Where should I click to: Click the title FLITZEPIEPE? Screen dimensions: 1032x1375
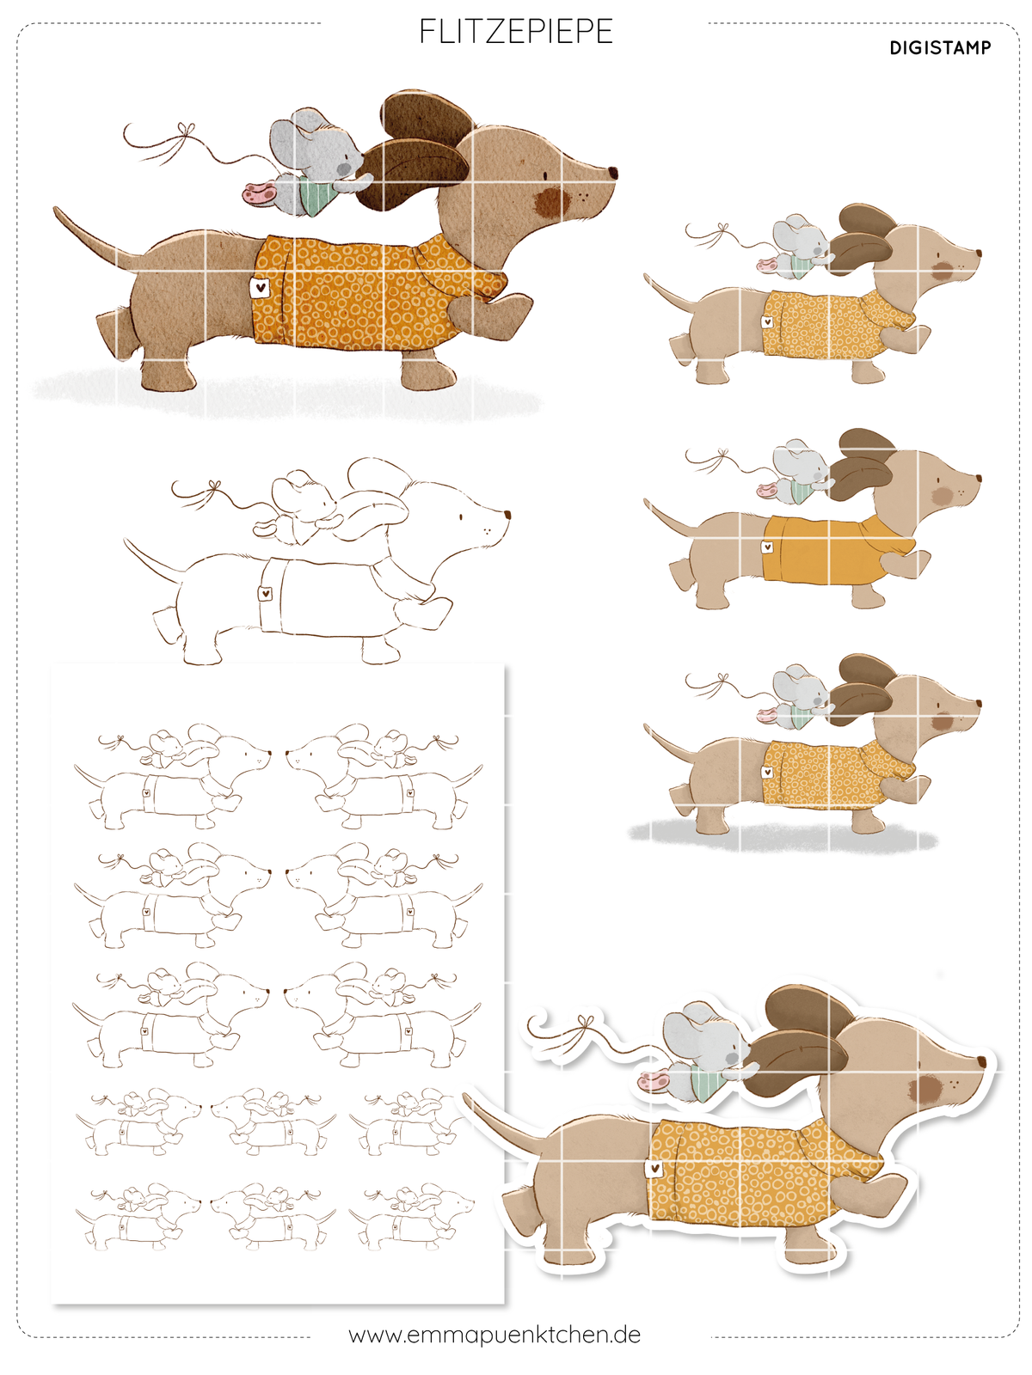point(516,31)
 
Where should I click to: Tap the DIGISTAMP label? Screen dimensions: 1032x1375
point(940,47)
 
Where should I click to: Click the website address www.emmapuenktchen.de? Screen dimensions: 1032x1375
point(494,1335)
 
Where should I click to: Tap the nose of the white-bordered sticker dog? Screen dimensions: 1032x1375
point(981,1062)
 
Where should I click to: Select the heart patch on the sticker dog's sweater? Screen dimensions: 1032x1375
point(654,1168)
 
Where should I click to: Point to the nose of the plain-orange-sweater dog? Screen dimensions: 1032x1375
point(978,480)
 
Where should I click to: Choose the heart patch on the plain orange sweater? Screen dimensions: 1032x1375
point(767,547)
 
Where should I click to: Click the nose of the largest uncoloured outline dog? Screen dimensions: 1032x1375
point(507,514)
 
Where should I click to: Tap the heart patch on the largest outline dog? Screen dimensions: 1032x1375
point(266,592)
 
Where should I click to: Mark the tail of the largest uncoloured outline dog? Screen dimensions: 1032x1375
point(154,559)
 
